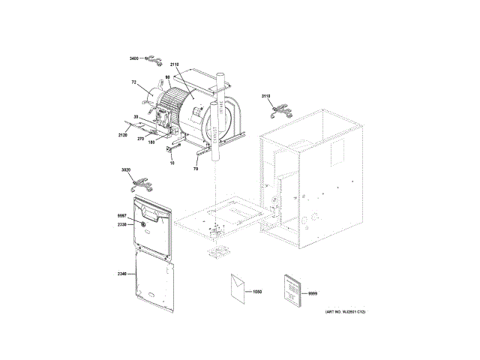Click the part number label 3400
[135, 58]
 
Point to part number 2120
[124, 135]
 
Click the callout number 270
[139, 138]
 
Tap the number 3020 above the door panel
[124, 171]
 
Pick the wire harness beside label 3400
[153, 58]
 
